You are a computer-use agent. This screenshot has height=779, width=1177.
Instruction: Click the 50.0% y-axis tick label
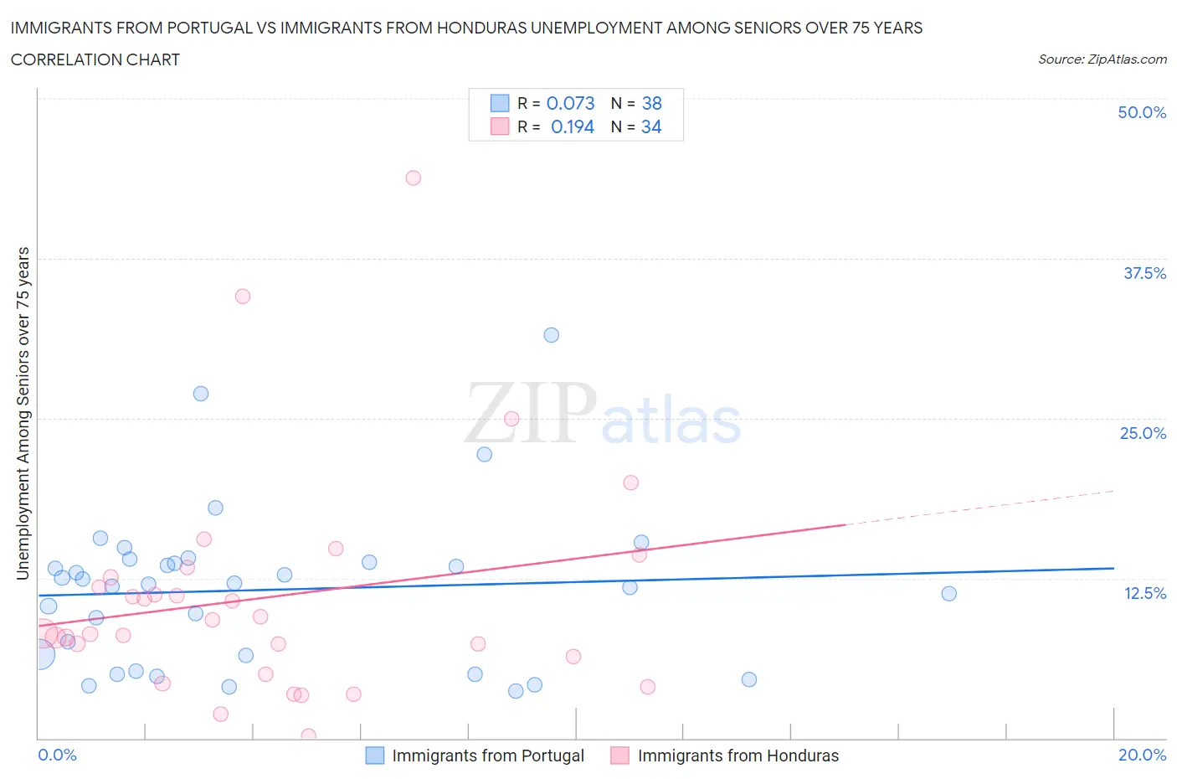click(x=1142, y=112)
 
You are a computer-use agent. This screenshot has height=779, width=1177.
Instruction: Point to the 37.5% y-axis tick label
click(x=1144, y=273)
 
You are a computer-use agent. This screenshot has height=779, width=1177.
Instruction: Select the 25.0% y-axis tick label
click(x=1143, y=433)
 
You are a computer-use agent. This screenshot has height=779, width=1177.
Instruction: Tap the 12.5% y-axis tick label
click(x=1144, y=593)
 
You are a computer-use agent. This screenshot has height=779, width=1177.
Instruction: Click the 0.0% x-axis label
click(x=57, y=755)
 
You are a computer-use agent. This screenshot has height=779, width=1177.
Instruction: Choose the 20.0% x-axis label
click(x=1142, y=755)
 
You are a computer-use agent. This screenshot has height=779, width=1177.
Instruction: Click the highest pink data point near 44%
click(x=413, y=178)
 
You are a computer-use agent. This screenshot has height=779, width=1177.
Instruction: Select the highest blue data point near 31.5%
click(x=551, y=335)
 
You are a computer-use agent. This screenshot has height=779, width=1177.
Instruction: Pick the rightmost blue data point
click(x=948, y=594)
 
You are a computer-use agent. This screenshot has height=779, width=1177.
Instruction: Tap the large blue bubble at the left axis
click(x=39, y=654)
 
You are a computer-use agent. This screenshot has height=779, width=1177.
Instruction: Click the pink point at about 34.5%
click(x=243, y=296)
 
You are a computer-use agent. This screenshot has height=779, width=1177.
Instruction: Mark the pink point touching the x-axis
click(x=308, y=736)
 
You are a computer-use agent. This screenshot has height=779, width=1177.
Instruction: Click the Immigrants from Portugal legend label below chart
click(x=488, y=756)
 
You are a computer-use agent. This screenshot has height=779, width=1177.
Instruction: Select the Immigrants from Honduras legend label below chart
click(x=738, y=756)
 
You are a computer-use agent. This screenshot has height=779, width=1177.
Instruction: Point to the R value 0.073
click(x=570, y=103)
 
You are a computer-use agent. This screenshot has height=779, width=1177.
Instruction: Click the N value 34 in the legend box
click(x=651, y=126)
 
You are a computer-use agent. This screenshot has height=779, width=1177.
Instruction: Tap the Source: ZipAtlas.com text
click(x=1102, y=59)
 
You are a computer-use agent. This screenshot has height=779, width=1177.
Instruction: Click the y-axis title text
click(x=23, y=413)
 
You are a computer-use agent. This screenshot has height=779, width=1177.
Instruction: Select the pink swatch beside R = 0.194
click(x=500, y=126)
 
